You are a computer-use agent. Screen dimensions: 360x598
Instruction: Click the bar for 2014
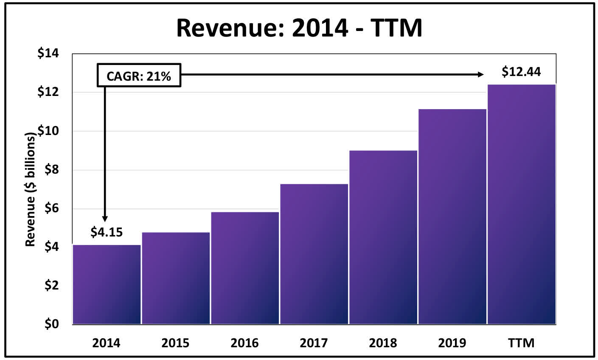click(x=107, y=284)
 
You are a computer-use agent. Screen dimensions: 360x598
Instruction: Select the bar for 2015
click(x=176, y=278)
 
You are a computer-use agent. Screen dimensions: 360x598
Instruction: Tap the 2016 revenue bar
click(x=245, y=268)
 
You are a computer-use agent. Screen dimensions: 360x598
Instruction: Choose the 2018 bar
click(x=383, y=237)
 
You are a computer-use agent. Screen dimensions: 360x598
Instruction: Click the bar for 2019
click(x=452, y=217)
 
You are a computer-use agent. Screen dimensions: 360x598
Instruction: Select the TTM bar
click(x=522, y=204)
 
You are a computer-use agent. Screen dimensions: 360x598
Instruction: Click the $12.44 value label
click(x=521, y=72)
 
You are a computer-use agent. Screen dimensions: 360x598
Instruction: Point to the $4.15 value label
click(x=107, y=232)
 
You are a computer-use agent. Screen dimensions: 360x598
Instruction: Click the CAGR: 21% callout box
click(x=139, y=76)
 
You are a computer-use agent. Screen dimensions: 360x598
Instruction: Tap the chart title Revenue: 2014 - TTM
click(x=299, y=28)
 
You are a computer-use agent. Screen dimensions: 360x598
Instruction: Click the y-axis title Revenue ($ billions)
click(x=30, y=190)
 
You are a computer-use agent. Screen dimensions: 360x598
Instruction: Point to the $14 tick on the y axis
click(x=48, y=54)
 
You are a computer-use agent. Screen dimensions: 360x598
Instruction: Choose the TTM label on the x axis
click(x=522, y=343)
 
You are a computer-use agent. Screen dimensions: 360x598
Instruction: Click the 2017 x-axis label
click(x=314, y=343)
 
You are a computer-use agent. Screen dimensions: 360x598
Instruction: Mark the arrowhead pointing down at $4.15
click(x=105, y=219)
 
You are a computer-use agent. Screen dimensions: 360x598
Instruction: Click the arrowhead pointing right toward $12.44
click(x=481, y=75)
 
